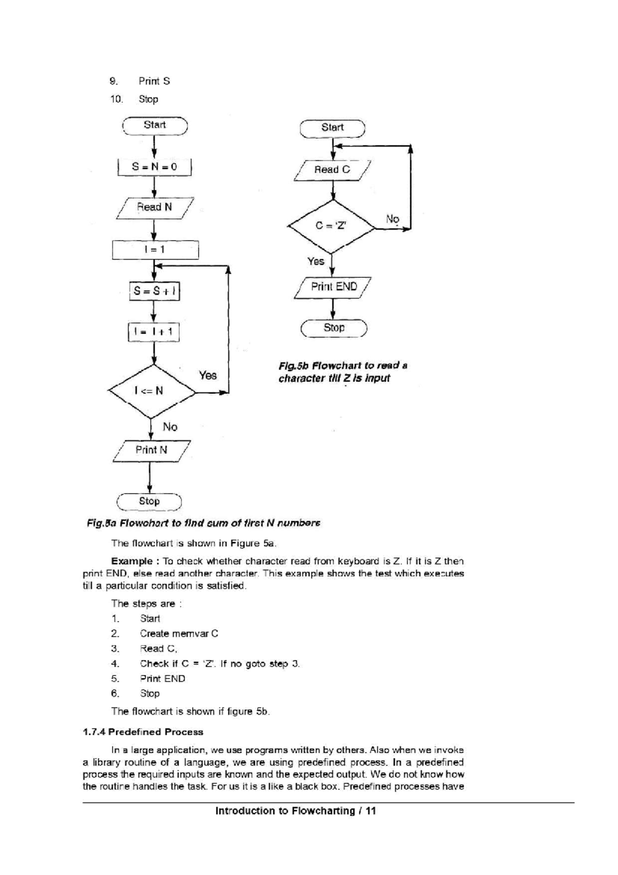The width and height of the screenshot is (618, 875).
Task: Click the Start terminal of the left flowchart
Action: coord(154,125)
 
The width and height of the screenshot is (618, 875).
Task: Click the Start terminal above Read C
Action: coord(332,128)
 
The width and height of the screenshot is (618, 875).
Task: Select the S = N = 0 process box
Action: coord(154,167)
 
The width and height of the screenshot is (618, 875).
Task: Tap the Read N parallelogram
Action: coord(154,208)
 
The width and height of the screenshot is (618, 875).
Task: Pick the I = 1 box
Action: coord(154,250)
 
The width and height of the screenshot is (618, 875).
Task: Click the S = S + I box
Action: coord(154,291)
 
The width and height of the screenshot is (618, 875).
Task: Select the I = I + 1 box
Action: coord(153,332)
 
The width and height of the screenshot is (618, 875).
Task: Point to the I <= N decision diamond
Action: coord(151,391)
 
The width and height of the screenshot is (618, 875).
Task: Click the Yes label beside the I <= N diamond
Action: coord(208,376)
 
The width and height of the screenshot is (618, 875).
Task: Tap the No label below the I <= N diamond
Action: coord(170,427)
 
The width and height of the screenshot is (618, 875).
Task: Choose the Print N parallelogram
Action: coord(151,450)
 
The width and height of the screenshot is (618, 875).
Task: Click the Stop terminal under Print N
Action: coord(149,501)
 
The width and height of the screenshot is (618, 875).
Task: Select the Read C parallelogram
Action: coord(332,170)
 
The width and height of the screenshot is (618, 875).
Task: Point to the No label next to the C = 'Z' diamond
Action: coord(392,219)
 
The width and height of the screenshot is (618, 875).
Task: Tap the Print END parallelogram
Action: coord(333,287)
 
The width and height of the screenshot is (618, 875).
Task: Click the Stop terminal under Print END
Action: coord(334,328)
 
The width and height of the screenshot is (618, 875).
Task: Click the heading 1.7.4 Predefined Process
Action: coord(143,732)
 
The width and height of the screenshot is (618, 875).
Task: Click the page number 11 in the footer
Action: coord(370,811)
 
